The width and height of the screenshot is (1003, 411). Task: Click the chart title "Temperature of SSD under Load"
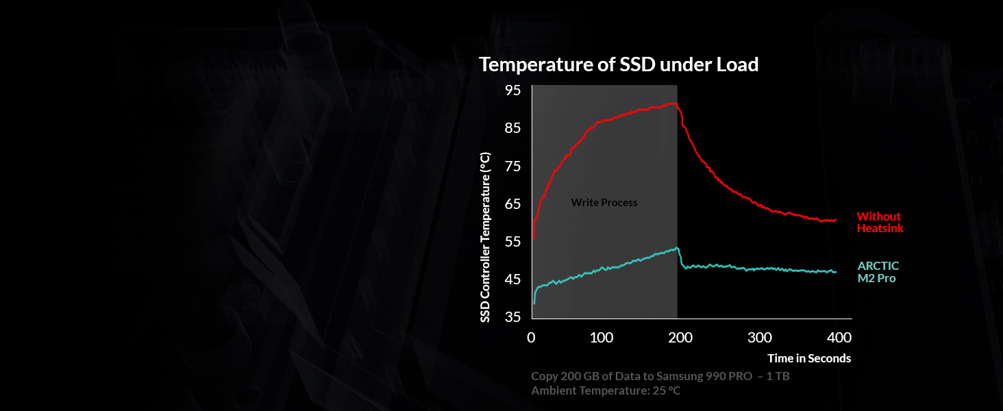[x=619, y=64]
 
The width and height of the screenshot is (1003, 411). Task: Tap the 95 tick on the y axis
[x=512, y=91]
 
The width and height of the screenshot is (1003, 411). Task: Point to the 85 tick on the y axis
[x=512, y=129]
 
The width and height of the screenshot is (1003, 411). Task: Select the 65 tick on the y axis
[x=512, y=204]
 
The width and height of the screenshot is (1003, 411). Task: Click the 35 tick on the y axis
[x=512, y=317]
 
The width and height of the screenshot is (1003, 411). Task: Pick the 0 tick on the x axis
[x=531, y=338]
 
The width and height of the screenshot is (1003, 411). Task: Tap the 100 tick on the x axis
[x=601, y=338]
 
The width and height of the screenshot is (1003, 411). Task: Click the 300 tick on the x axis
[x=760, y=338]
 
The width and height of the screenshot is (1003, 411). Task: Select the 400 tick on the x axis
[x=839, y=338]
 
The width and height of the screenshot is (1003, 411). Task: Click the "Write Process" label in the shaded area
[x=604, y=203]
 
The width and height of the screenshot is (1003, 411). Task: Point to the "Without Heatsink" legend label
[x=880, y=223]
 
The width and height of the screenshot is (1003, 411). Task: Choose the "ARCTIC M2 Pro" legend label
[x=878, y=272]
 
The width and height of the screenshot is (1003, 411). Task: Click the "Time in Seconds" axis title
[x=809, y=358]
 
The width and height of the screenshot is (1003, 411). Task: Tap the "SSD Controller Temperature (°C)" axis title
[x=485, y=237]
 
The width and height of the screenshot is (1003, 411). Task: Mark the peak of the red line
[x=675, y=103]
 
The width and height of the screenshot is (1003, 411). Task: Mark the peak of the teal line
[x=677, y=248]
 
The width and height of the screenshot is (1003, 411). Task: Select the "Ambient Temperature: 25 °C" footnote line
[x=606, y=390]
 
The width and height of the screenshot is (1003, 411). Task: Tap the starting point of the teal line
[x=534, y=303]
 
